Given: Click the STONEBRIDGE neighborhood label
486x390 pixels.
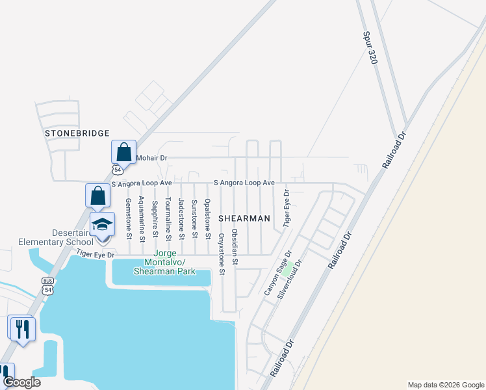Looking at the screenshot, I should (x=77, y=133).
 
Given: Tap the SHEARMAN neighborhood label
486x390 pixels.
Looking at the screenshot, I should (x=244, y=218).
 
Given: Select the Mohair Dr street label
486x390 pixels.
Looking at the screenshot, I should (x=151, y=158).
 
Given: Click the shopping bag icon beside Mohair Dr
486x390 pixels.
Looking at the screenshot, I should (x=123, y=153).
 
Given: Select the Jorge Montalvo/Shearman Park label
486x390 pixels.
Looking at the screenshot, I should (x=164, y=262).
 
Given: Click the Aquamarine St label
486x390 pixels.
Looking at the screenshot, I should (x=142, y=217).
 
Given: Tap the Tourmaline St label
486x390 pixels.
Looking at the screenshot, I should (x=168, y=219).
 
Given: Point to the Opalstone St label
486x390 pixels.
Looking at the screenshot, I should (x=208, y=216).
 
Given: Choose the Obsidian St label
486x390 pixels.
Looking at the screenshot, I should (x=235, y=246).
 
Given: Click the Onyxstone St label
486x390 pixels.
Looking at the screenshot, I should (x=221, y=253).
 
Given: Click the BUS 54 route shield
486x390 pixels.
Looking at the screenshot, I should (x=47, y=287).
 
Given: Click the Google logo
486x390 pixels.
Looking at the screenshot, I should (x=22, y=382).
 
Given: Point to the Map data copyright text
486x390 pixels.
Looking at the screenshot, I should (x=445, y=385).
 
